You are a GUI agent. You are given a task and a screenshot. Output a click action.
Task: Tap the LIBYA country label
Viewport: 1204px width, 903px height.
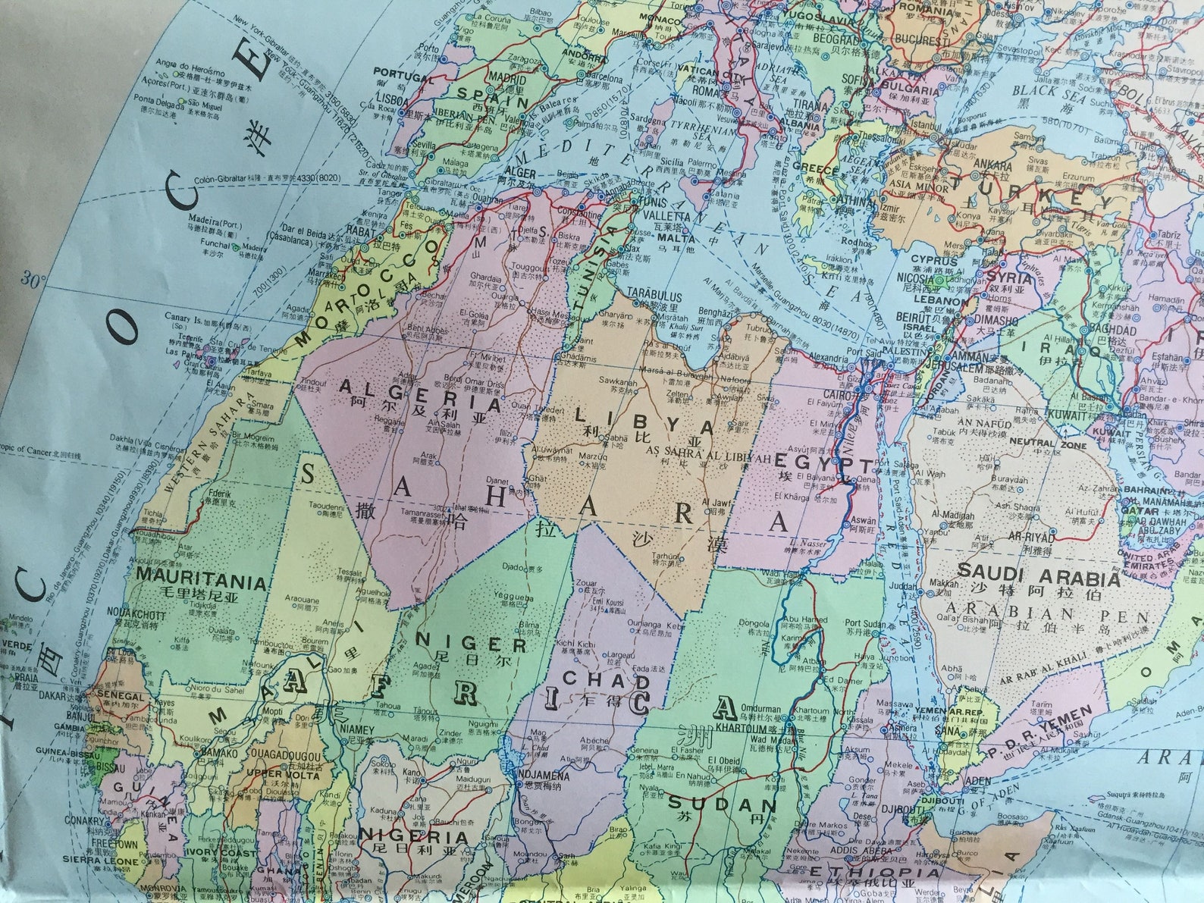tap(644, 419)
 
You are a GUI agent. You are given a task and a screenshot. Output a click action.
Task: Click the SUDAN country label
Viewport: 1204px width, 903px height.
tap(722, 804)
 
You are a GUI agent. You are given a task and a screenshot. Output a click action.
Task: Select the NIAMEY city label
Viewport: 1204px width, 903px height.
tap(357, 729)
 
